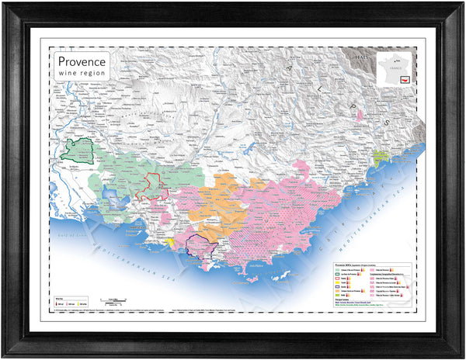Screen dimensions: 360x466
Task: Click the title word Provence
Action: tap(82, 61)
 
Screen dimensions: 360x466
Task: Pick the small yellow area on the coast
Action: tap(169, 243)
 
